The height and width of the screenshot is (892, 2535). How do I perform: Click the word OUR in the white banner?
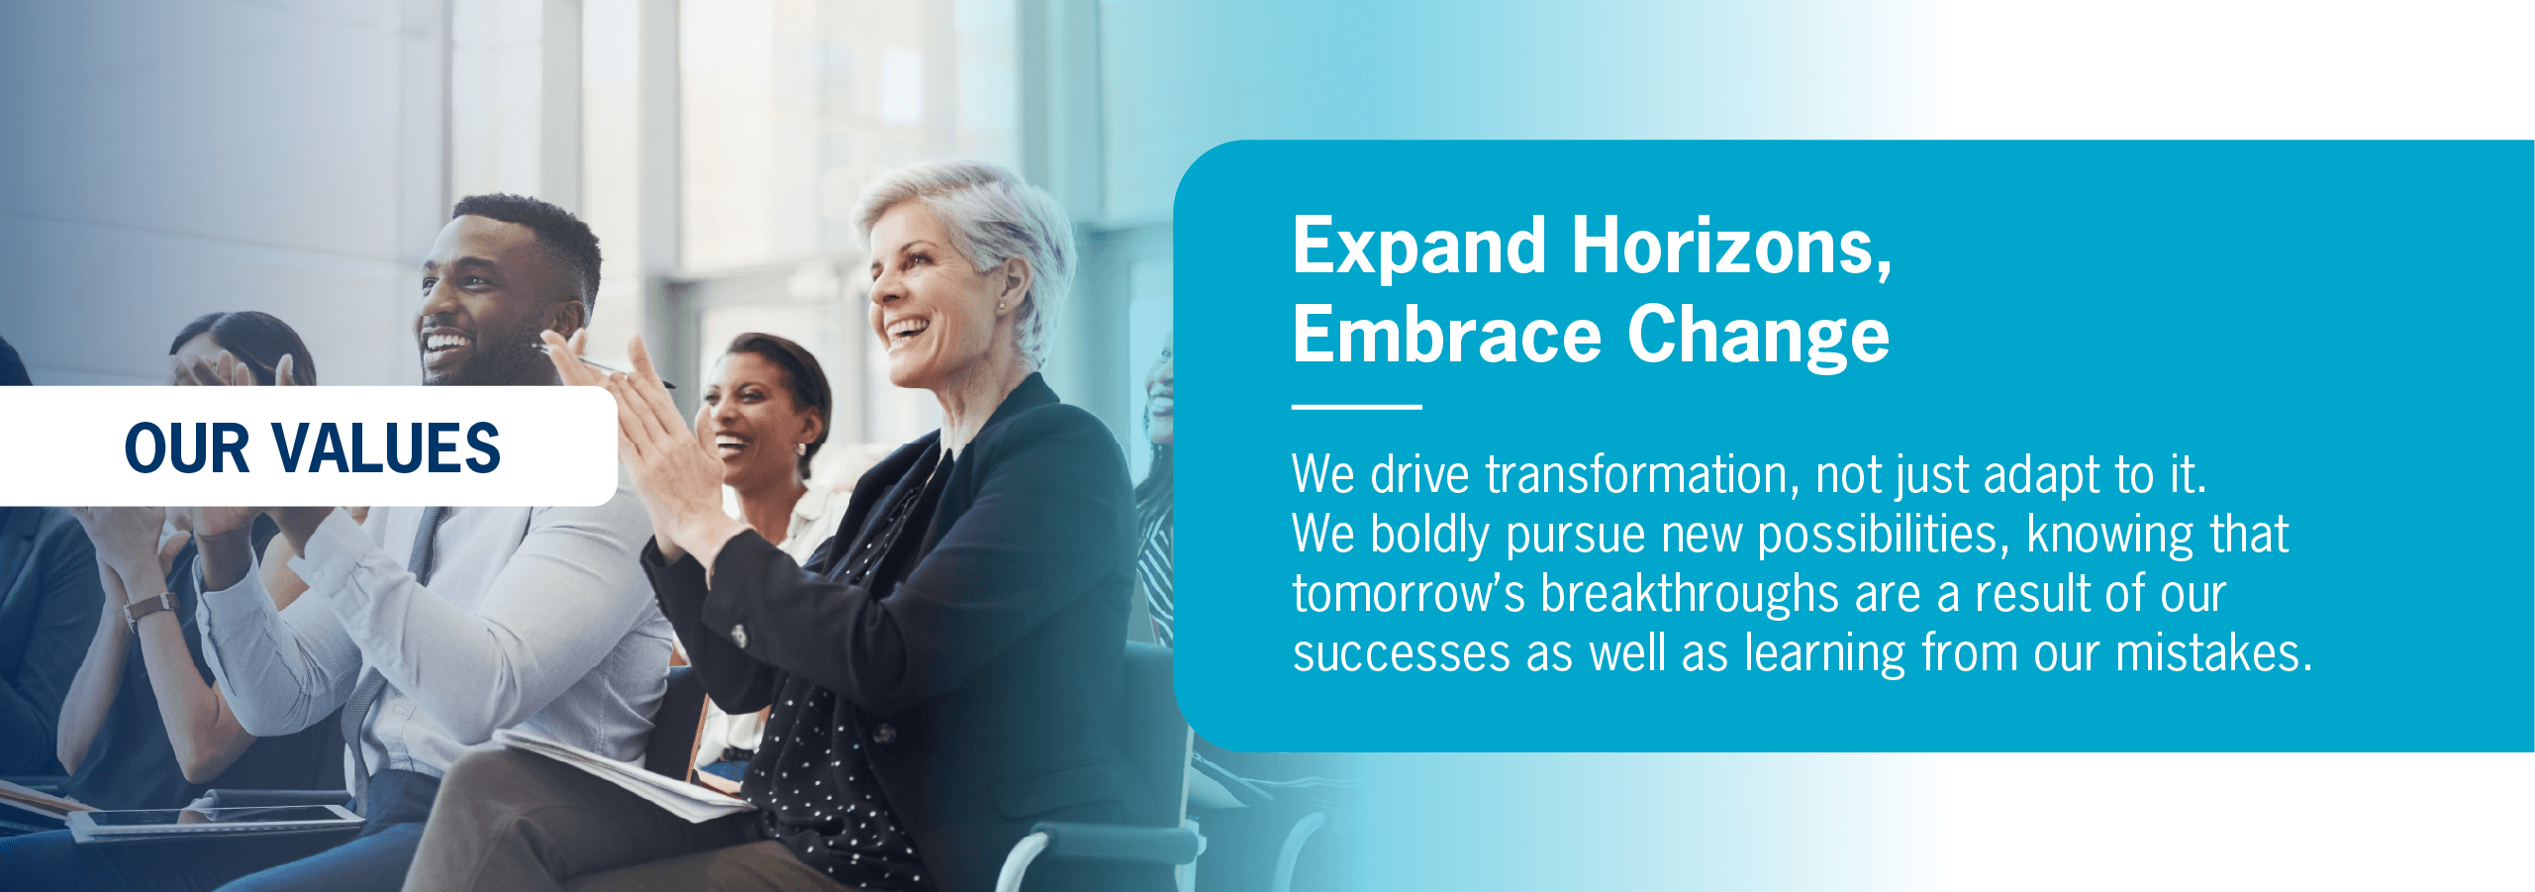point(187,448)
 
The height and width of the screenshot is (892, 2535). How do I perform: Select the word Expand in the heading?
point(1419,248)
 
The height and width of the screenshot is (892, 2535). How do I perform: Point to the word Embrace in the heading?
point(1447,334)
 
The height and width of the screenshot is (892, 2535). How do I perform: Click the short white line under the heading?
point(1357,407)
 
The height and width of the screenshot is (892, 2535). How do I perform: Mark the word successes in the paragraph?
point(1402,654)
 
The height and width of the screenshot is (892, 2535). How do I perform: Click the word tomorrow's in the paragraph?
point(1409,594)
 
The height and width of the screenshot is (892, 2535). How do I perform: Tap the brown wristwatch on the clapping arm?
point(151,609)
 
